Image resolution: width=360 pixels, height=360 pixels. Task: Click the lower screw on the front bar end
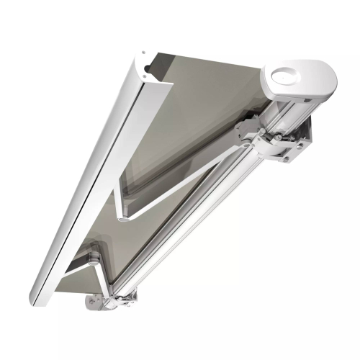point(147,73)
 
